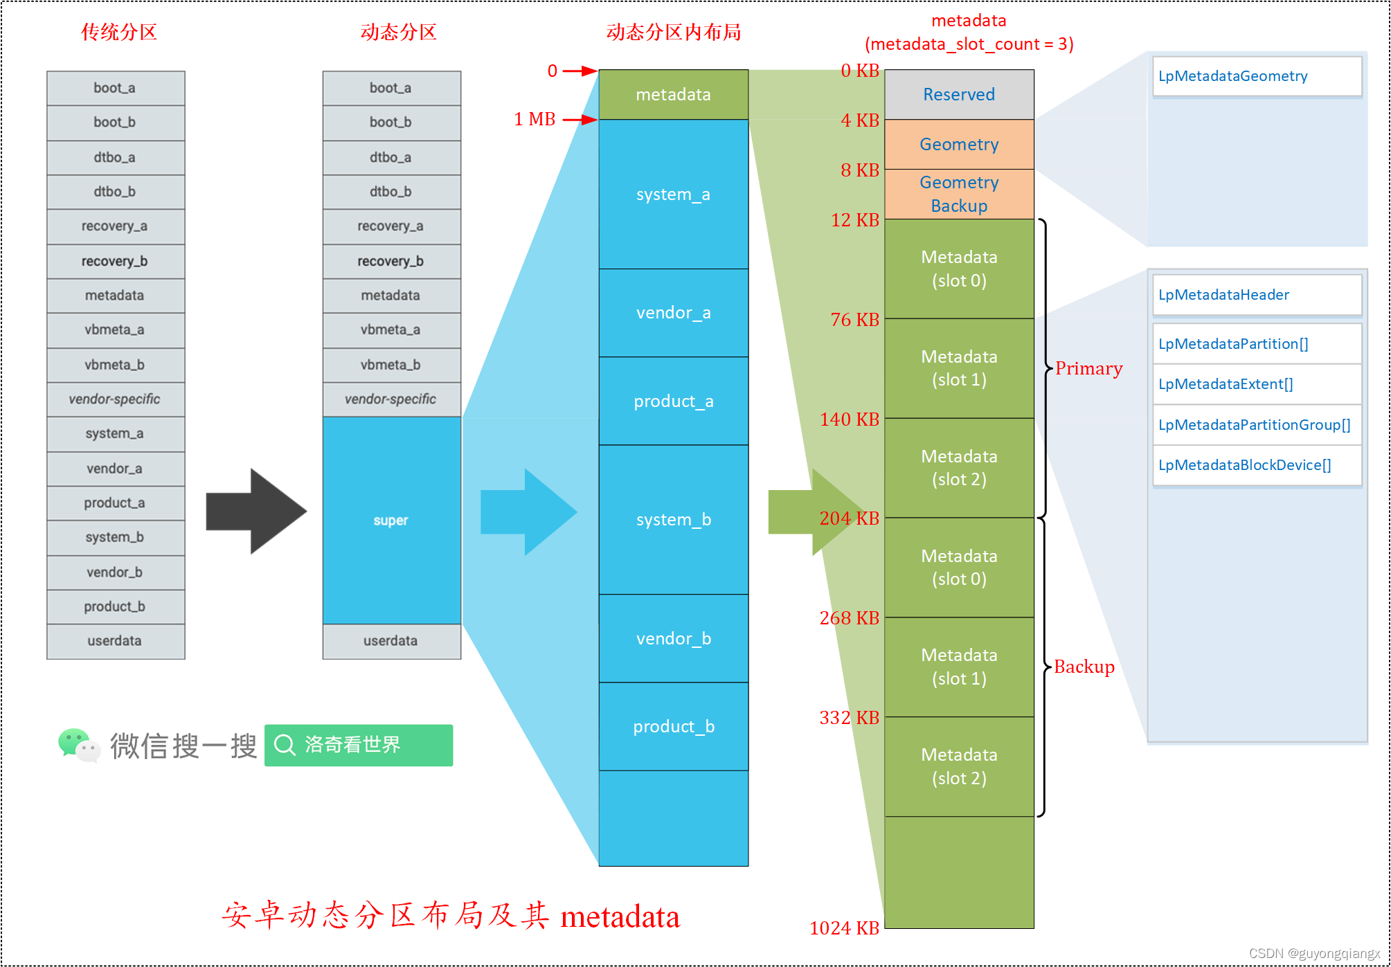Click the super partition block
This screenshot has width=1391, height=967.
[391, 520]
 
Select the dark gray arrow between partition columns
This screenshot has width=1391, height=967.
[255, 512]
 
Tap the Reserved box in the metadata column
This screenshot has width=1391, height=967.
[958, 94]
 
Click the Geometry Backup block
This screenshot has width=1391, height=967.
[958, 194]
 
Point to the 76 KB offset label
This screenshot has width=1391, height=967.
[854, 320]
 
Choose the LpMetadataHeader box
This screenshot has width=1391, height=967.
[1256, 295]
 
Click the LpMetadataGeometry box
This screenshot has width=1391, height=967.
[1256, 76]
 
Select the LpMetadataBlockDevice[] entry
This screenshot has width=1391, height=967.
[1256, 465]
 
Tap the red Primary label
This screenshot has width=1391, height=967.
[1088, 368]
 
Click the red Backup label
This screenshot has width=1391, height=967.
[1084, 667]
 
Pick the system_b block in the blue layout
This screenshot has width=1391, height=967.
[673, 519]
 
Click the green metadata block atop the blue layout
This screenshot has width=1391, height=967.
[673, 94]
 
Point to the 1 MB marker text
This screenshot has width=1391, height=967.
[535, 119]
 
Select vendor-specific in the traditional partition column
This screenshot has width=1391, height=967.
[115, 399]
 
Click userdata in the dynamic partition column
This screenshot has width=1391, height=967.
[391, 641]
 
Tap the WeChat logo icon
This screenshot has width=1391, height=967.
[78, 745]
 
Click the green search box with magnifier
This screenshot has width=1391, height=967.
[358, 745]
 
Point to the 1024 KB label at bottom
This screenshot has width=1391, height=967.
[844, 928]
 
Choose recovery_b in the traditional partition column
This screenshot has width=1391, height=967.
[115, 261]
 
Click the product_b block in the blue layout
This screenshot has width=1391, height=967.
[673, 726]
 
